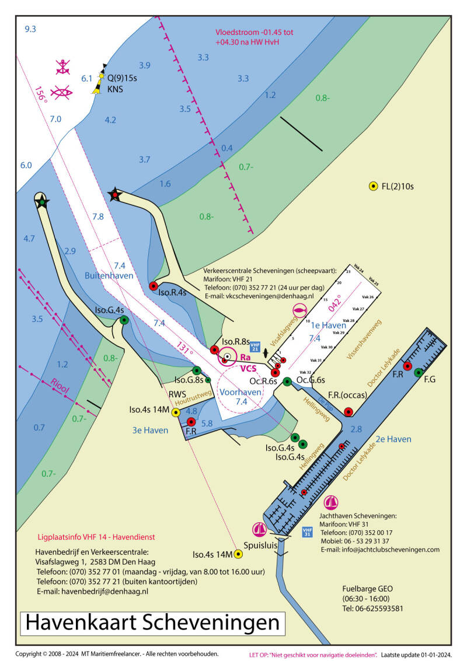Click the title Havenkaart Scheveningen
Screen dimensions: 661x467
(153, 622)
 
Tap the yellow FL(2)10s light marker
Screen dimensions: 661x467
(373, 187)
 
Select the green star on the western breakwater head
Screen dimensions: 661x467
(41, 201)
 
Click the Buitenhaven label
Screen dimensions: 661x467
(109, 275)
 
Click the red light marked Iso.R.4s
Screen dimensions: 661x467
(154, 286)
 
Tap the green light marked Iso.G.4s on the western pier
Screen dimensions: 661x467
(124, 320)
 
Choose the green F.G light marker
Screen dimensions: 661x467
(418, 372)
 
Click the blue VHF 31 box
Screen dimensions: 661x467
(307, 532)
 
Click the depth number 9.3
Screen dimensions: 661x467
(30, 29)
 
